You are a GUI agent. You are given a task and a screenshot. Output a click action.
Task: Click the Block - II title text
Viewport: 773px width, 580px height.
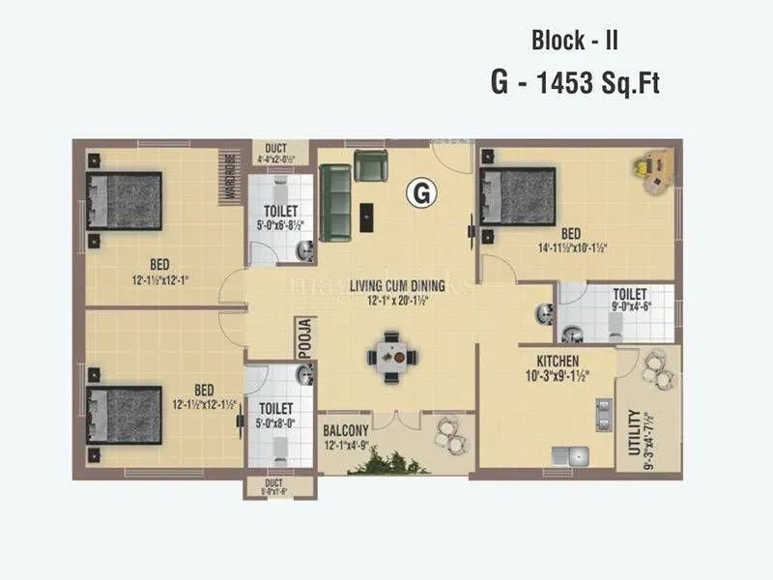tap(574, 42)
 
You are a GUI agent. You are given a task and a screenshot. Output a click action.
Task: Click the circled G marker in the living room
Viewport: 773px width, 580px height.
tap(420, 193)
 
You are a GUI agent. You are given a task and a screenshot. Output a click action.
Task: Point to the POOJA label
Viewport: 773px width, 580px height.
tap(304, 338)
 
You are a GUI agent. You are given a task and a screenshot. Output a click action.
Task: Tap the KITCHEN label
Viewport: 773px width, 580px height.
tap(551, 361)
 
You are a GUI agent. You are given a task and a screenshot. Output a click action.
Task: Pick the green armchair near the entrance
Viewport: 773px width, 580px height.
tap(369, 166)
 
